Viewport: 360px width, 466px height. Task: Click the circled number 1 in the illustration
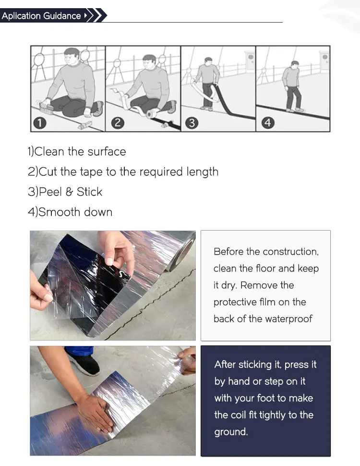pyautogui.click(x=40, y=123)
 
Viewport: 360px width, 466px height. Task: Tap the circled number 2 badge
pyautogui.click(x=118, y=123)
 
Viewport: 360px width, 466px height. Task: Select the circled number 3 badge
pyautogui.click(x=192, y=123)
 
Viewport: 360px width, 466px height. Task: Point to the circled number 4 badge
pyautogui.click(x=268, y=123)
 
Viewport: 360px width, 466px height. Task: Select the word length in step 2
pyautogui.click(x=202, y=172)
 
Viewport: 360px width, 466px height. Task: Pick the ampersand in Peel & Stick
pyautogui.click(x=69, y=192)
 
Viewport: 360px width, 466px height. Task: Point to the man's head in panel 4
pyautogui.click(x=295, y=64)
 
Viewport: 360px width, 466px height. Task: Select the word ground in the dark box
pyautogui.click(x=230, y=432)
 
